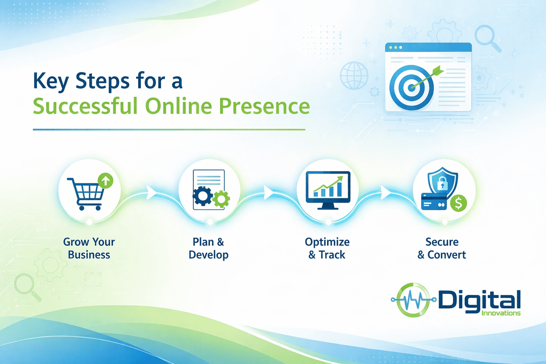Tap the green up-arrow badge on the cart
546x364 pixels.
(x=106, y=179)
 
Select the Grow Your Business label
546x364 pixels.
(x=89, y=248)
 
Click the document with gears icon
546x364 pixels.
(x=208, y=190)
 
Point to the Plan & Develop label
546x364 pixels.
(x=208, y=248)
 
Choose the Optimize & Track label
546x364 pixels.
(x=327, y=248)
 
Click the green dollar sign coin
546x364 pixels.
(x=459, y=204)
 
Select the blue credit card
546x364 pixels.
(x=433, y=202)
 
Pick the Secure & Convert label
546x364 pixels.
(x=441, y=248)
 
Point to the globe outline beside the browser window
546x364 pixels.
(x=354, y=76)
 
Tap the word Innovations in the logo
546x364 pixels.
(x=499, y=313)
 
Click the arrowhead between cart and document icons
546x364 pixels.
(x=150, y=192)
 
